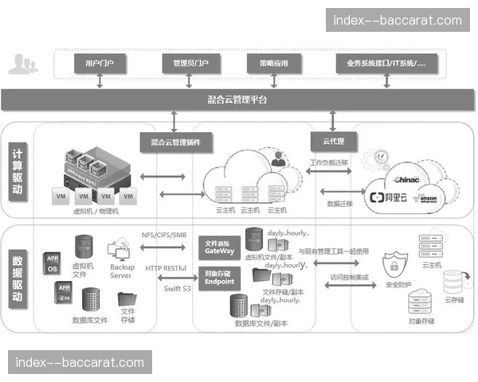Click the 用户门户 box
(x=100, y=62)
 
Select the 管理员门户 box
(x=185, y=62)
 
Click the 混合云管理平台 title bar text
(x=237, y=100)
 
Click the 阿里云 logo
(x=389, y=197)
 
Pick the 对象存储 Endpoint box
(x=219, y=277)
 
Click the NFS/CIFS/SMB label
(x=163, y=236)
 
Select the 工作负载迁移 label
(x=330, y=163)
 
